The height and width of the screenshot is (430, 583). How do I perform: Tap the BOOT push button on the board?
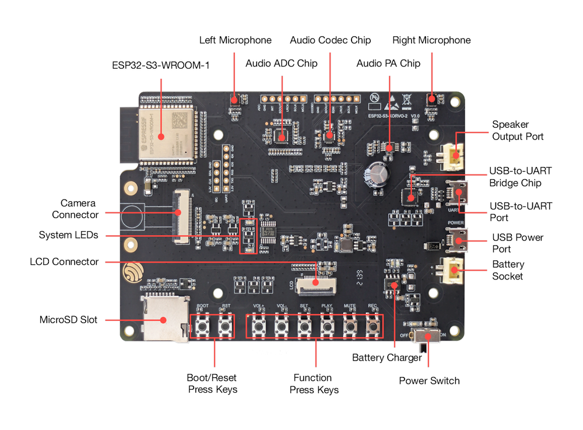click(203, 326)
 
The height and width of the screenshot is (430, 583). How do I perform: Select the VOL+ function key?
click(259, 326)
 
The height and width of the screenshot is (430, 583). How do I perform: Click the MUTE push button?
click(349, 326)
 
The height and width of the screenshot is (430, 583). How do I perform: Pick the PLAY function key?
click(326, 326)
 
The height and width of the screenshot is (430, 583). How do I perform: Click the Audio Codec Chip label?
click(330, 40)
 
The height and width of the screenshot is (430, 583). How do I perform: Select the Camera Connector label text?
click(75, 209)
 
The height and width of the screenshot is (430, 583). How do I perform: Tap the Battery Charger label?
click(387, 358)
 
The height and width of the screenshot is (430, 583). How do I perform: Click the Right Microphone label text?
click(431, 40)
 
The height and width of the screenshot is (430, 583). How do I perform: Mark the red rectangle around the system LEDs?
click(248, 236)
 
